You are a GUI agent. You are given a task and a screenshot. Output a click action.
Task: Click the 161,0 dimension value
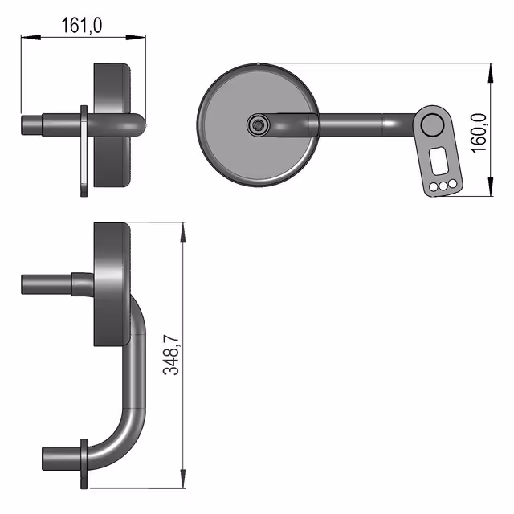(82, 26)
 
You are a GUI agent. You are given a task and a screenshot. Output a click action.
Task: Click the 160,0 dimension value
(479, 133)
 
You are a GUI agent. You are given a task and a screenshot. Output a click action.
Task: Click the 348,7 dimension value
(171, 355)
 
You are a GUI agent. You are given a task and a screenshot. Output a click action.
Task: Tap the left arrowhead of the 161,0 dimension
(31, 38)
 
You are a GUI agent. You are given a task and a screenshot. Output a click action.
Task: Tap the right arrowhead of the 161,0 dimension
(136, 38)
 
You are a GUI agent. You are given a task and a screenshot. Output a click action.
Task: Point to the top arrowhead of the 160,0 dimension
(491, 73)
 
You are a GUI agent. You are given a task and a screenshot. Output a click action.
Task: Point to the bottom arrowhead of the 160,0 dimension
(491, 186)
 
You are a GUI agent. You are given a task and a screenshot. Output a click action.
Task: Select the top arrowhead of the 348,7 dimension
(183, 232)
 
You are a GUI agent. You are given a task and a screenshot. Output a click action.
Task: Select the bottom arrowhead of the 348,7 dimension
(183, 479)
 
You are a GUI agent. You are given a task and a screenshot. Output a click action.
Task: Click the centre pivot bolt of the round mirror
(259, 125)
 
